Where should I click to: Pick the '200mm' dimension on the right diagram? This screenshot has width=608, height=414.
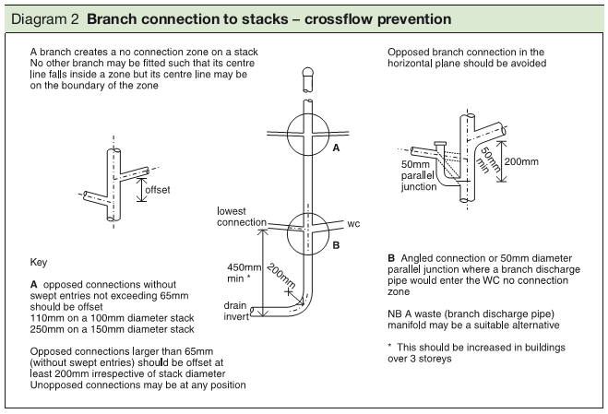[x=522, y=160]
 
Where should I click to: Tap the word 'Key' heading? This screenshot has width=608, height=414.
[x=39, y=262]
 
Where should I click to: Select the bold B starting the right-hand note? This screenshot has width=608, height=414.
[x=392, y=256]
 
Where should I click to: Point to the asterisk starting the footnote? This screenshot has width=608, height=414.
[x=391, y=347]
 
